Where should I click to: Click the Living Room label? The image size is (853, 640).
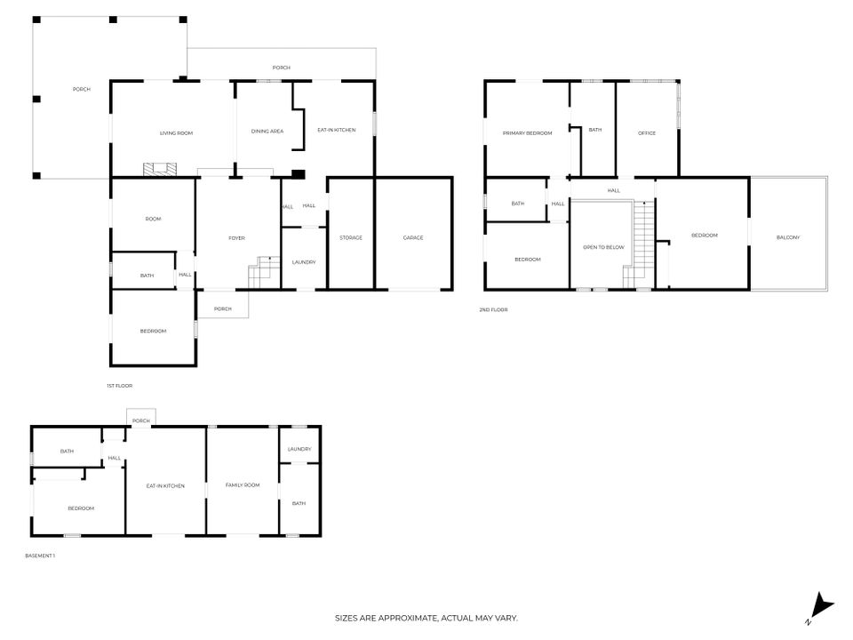tap(176, 133)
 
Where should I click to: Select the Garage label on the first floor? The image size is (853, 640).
tap(413, 238)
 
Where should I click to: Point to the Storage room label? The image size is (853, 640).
tap(351, 238)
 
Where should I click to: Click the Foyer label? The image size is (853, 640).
tap(236, 238)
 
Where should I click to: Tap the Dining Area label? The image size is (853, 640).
tap(267, 132)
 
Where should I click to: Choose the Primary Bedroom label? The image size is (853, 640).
tap(527, 133)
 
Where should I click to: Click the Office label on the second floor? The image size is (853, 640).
tap(647, 133)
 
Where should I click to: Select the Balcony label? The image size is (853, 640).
tap(788, 238)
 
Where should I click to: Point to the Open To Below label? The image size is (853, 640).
tap(604, 248)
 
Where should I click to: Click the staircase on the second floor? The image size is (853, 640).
tap(640, 245)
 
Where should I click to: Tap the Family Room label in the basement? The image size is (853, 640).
tap(243, 485)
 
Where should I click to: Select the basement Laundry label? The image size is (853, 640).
tap(299, 450)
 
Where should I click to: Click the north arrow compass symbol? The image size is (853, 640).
tap(821, 608)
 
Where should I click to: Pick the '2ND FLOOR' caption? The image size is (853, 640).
tap(493, 310)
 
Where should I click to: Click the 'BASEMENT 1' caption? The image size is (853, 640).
tap(40, 556)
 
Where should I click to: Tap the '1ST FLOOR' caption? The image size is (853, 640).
tap(120, 386)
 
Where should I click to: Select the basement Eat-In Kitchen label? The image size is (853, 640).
tap(165, 486)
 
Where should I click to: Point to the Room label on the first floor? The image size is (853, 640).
tap(153, 220)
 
